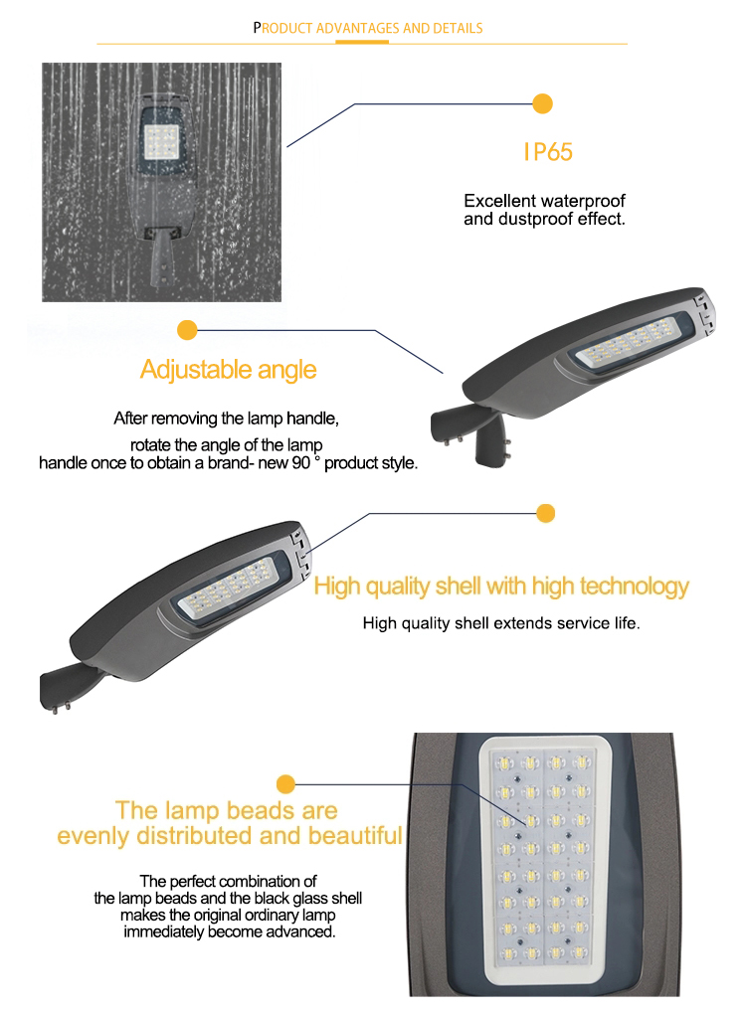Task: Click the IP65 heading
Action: click(x=548, y=152)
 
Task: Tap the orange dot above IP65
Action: click(x=542, y=104)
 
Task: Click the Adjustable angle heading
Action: click(x=228, y=370)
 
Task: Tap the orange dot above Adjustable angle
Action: click(x=187, y=330)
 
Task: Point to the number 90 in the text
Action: click(x=301, y=463)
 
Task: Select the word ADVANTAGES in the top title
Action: click(x=358, y=29)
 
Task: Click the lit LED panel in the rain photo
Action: click(x=161, y=141)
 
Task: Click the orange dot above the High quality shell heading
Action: click(x=546, y=513)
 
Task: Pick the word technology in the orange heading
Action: click(x=635, y=587)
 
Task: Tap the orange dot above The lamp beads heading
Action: click(x=285, y=784)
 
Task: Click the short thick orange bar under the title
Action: click(x=362, y=43)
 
